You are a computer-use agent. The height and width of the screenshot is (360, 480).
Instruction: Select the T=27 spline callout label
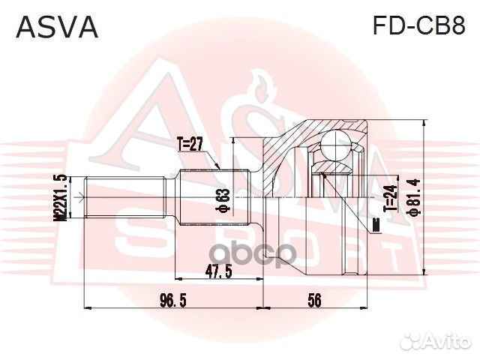[x=190, y=144]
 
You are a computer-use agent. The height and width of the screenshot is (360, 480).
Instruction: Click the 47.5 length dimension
[x=218, y=271]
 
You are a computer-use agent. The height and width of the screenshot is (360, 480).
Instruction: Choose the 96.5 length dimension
[x=173, y=300]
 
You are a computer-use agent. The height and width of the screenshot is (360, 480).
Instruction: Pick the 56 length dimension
[x=314, y=300]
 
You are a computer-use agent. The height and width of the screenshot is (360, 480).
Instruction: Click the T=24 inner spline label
[x=390, y=198]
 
